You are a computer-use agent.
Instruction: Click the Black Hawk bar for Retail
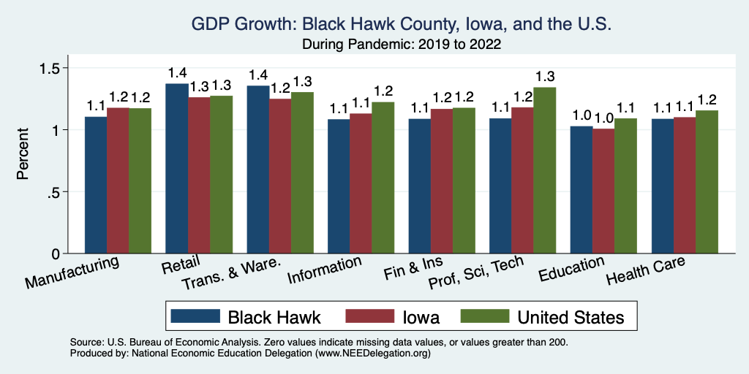click(177, 169)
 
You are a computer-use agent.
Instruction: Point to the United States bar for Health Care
click(707, 182)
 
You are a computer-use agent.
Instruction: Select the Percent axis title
click(23, 155)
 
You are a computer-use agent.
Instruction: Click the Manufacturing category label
click(72, 272)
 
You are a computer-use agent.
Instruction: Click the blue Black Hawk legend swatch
click(195, 316)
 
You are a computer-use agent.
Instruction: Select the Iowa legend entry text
click(421, 316)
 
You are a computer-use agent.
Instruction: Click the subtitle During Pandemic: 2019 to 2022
click(400, 45)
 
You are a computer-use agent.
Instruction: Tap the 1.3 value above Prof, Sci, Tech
click(545, 76)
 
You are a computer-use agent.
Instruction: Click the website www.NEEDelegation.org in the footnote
click(372, 353)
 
